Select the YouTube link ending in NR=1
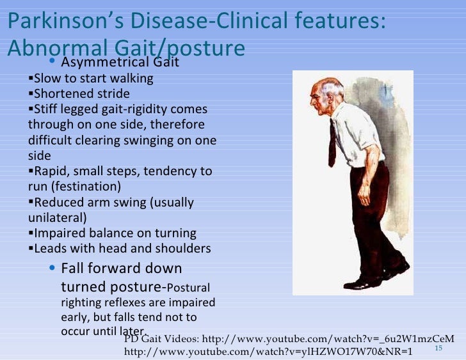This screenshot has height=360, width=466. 268,351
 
